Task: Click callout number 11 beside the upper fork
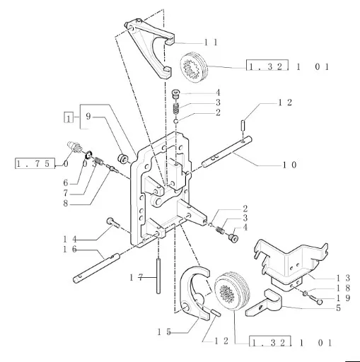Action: click(x=211, y=42)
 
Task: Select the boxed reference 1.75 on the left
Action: click(x=35, y=163)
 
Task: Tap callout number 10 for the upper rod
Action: click(x=289, y=165)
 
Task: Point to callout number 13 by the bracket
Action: click(x=343, y=278)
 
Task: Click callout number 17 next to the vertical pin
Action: click(x=137, y=278)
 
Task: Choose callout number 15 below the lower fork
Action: click(x=164, y=332)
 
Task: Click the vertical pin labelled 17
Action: click(x=158, y=276)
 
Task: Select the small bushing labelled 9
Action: click(x=123, y=158)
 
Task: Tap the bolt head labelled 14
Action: click(x=110, y=221)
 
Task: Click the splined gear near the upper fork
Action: click(x=194, y=66)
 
